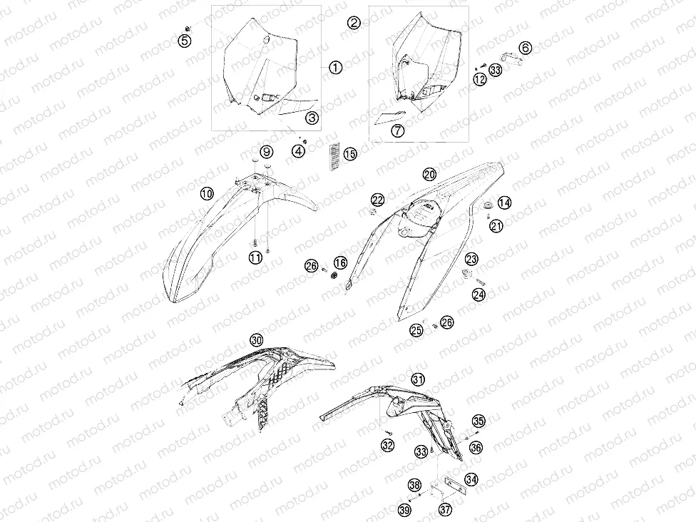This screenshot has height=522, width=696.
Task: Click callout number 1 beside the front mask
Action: (336, 68)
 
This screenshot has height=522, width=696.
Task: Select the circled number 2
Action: (354, 22)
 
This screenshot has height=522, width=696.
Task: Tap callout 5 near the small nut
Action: (185, 41)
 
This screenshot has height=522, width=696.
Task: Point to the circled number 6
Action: (525, 48)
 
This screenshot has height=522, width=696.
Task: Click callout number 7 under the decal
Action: (398, 130)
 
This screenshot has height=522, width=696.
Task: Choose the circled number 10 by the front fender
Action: (207, 193)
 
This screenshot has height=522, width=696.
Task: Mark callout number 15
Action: (350, 154)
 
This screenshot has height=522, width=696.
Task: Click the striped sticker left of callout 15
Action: (334, 155)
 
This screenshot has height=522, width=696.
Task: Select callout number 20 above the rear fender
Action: (430, 174)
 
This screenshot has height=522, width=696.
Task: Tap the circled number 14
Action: (504, 203)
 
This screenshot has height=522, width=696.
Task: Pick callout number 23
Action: (471, 259)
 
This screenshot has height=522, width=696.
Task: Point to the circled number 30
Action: (257, 340)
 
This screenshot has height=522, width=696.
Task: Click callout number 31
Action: (418, 379)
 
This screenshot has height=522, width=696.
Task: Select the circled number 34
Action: (471, 479)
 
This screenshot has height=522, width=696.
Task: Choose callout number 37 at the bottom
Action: (446, 508)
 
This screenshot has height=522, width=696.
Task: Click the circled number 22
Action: (378, 200)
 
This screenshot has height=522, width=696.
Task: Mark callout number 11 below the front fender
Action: (256, 257)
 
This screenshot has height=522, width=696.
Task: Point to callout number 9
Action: (266, 153)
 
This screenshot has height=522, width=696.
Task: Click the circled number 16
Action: (340, 262)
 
